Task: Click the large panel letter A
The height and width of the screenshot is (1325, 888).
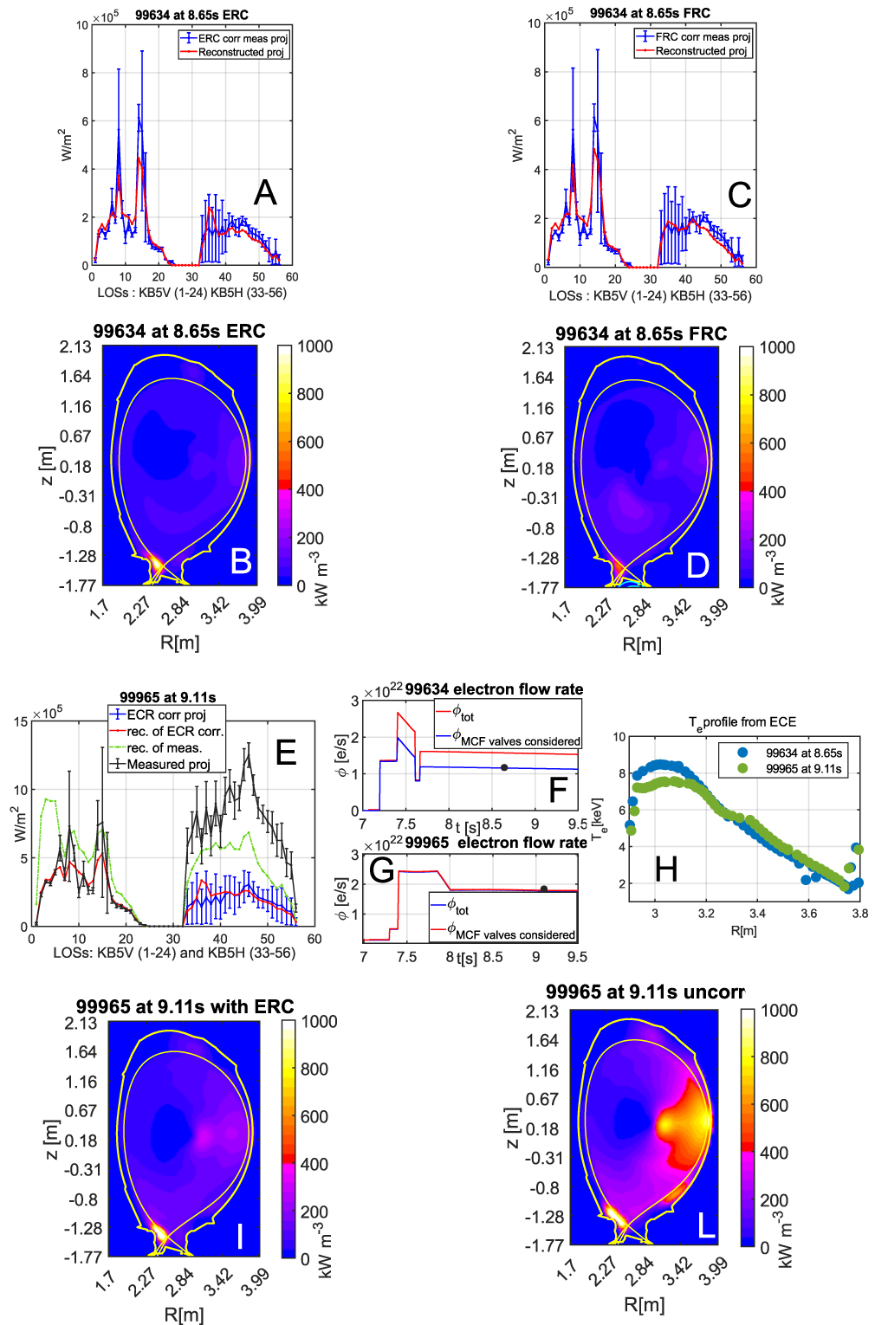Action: [265, 192]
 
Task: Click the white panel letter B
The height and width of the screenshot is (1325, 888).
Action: [241, 562]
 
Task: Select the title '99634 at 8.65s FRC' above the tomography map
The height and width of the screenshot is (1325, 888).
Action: [640, 333]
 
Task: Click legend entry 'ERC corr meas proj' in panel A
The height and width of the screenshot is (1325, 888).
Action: [242, 38]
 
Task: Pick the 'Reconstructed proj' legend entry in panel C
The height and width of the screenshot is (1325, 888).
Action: [700, 51]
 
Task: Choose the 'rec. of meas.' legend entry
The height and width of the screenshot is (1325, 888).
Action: [164, 748]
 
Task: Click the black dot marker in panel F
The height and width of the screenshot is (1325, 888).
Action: [504, 767]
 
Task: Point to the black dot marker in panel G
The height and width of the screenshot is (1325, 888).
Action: [544, 889]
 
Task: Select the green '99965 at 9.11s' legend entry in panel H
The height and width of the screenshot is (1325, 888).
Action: [803, 768]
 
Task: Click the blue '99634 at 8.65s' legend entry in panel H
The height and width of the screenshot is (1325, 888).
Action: [803, 753]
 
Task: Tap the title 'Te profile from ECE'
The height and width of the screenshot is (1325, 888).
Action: [742, 722]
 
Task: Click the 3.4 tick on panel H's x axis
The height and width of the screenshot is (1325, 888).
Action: [757, 913]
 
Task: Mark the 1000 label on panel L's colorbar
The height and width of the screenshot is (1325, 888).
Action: [778, 1011]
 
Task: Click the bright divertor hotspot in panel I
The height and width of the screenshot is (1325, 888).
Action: [159, 1231]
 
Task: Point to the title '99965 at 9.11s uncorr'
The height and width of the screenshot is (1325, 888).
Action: [645, 992]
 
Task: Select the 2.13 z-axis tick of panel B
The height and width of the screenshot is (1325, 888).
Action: [75, 346]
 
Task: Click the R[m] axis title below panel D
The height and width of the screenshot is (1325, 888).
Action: [642, 644]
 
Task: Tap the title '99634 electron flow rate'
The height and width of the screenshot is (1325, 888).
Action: [494, 689]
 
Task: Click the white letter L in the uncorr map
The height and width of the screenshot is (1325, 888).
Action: [706, 1225]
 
